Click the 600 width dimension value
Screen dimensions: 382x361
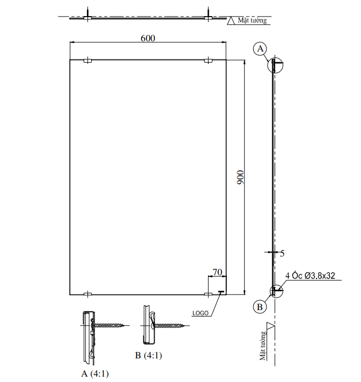(148, 38)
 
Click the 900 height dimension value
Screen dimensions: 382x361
(241, 178)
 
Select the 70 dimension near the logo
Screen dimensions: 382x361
(217, 273)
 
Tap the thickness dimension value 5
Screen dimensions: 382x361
(283, 253)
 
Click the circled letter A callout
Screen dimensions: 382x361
(260, 49)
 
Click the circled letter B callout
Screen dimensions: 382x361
(260, 307)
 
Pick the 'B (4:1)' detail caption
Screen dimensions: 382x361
(149, 355)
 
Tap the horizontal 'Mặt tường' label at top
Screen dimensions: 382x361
(252, 20)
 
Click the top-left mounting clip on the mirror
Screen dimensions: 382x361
(87, 62)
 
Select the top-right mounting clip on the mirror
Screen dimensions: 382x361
(208, 62)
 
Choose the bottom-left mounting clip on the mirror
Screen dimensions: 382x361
(87, 293)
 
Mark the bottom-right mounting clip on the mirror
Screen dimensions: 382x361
(208, 293)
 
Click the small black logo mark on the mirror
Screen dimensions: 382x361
(220, 292)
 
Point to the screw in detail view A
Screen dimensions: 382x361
(110, 325)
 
